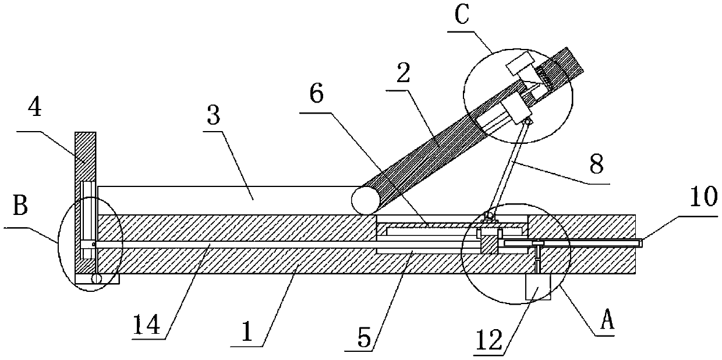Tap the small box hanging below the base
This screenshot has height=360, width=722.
click(x=538, y=287)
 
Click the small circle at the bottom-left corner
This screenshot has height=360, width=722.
click(x=96, y=280)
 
